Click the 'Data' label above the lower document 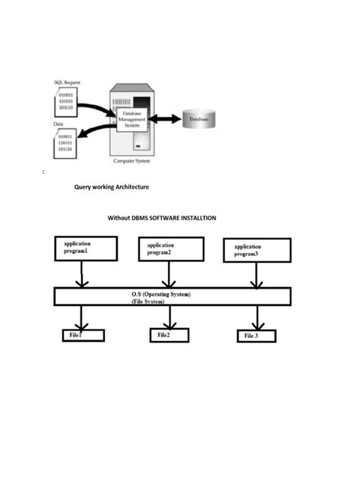point(58,123)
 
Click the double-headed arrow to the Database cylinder point(165,119)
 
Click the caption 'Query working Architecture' point(111,187)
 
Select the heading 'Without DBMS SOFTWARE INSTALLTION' point(162,218)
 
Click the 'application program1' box point(86,248)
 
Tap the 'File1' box point(83,335)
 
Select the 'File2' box point(169,335)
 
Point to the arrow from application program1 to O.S point(82,273)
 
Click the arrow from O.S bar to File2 point(169,317)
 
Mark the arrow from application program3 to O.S point(257,275)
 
